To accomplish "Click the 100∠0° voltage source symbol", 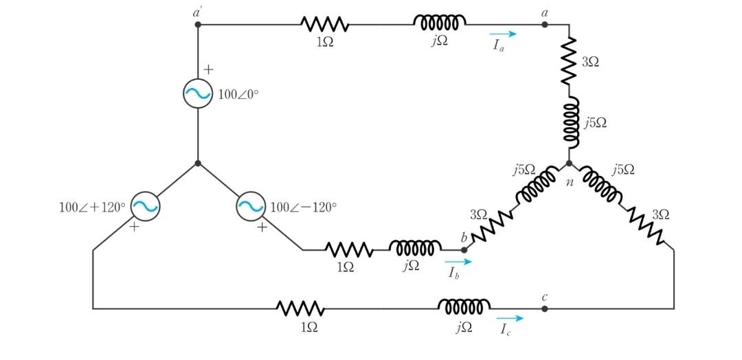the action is (197, 94).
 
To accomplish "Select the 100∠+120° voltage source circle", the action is (145, 205).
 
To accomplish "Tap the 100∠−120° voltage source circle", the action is (251, 205).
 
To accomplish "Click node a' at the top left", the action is (198, 25).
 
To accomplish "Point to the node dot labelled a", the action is (545, 25).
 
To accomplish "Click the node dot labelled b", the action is (464, 250).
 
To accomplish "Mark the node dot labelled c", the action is (545, 308).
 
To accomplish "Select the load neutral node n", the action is (569, 164).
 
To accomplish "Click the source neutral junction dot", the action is (198, 164).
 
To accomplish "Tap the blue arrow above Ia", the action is (503, 33).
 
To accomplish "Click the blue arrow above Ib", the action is (458, 262).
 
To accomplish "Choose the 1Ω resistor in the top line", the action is (325, 25).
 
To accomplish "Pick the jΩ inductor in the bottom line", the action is (464, 306).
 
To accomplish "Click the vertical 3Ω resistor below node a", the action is (569, 62).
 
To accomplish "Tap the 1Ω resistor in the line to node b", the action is (348, 249).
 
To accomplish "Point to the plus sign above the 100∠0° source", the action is (209, 69).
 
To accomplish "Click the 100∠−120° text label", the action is (304, 207).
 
